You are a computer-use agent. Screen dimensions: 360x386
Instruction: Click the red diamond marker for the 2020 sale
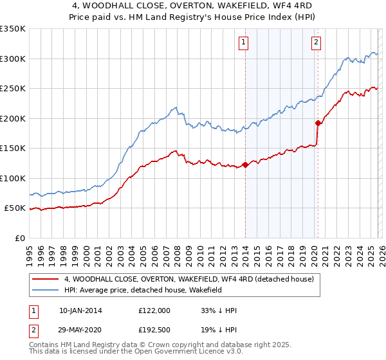[x=318, y=123]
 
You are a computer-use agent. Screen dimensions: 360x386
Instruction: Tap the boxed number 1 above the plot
[x=244, y=43]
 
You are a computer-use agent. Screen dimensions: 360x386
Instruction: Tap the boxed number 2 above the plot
[x=317, y=43]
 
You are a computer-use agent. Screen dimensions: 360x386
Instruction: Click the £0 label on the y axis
[x=19, y=238]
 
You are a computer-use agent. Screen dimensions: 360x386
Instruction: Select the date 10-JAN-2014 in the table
[x=80, y=310]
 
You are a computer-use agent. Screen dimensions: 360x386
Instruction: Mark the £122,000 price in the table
[x=154, y=310]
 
